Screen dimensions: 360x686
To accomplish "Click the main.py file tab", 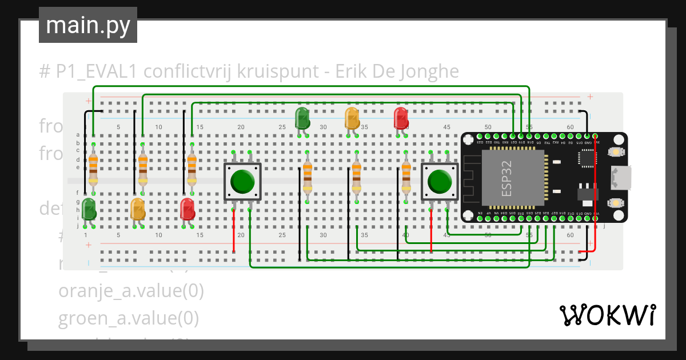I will click(87, 25).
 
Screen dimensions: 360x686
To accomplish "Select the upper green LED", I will click(302, 118).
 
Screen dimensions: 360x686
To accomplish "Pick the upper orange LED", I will click(352, 118).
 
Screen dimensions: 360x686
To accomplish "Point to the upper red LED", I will click(401, 118).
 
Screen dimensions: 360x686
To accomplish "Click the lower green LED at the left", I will click(89, 209).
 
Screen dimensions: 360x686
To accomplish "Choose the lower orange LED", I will click(138, 209).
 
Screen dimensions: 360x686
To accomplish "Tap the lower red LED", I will click(187, 209).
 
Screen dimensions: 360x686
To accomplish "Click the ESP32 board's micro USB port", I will click(621, 177).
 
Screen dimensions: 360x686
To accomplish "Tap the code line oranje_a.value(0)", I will click(131, 290).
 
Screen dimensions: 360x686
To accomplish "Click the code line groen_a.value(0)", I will click(129, 318).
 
